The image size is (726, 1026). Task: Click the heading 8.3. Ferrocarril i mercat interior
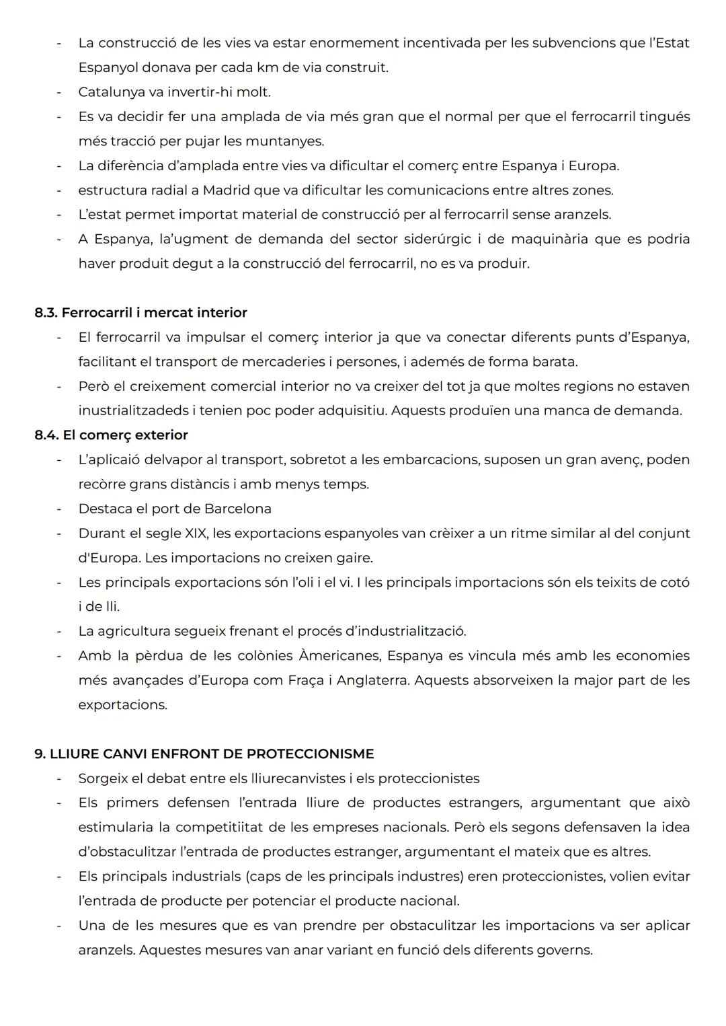[140, 313]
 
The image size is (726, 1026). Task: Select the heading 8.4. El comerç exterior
[111, 435]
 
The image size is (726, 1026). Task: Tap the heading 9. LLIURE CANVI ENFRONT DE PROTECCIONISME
[204, 754]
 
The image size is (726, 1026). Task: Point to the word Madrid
[226, 190]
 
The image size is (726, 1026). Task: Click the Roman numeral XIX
[196, 534]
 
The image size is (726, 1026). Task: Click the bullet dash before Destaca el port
[59, 509]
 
